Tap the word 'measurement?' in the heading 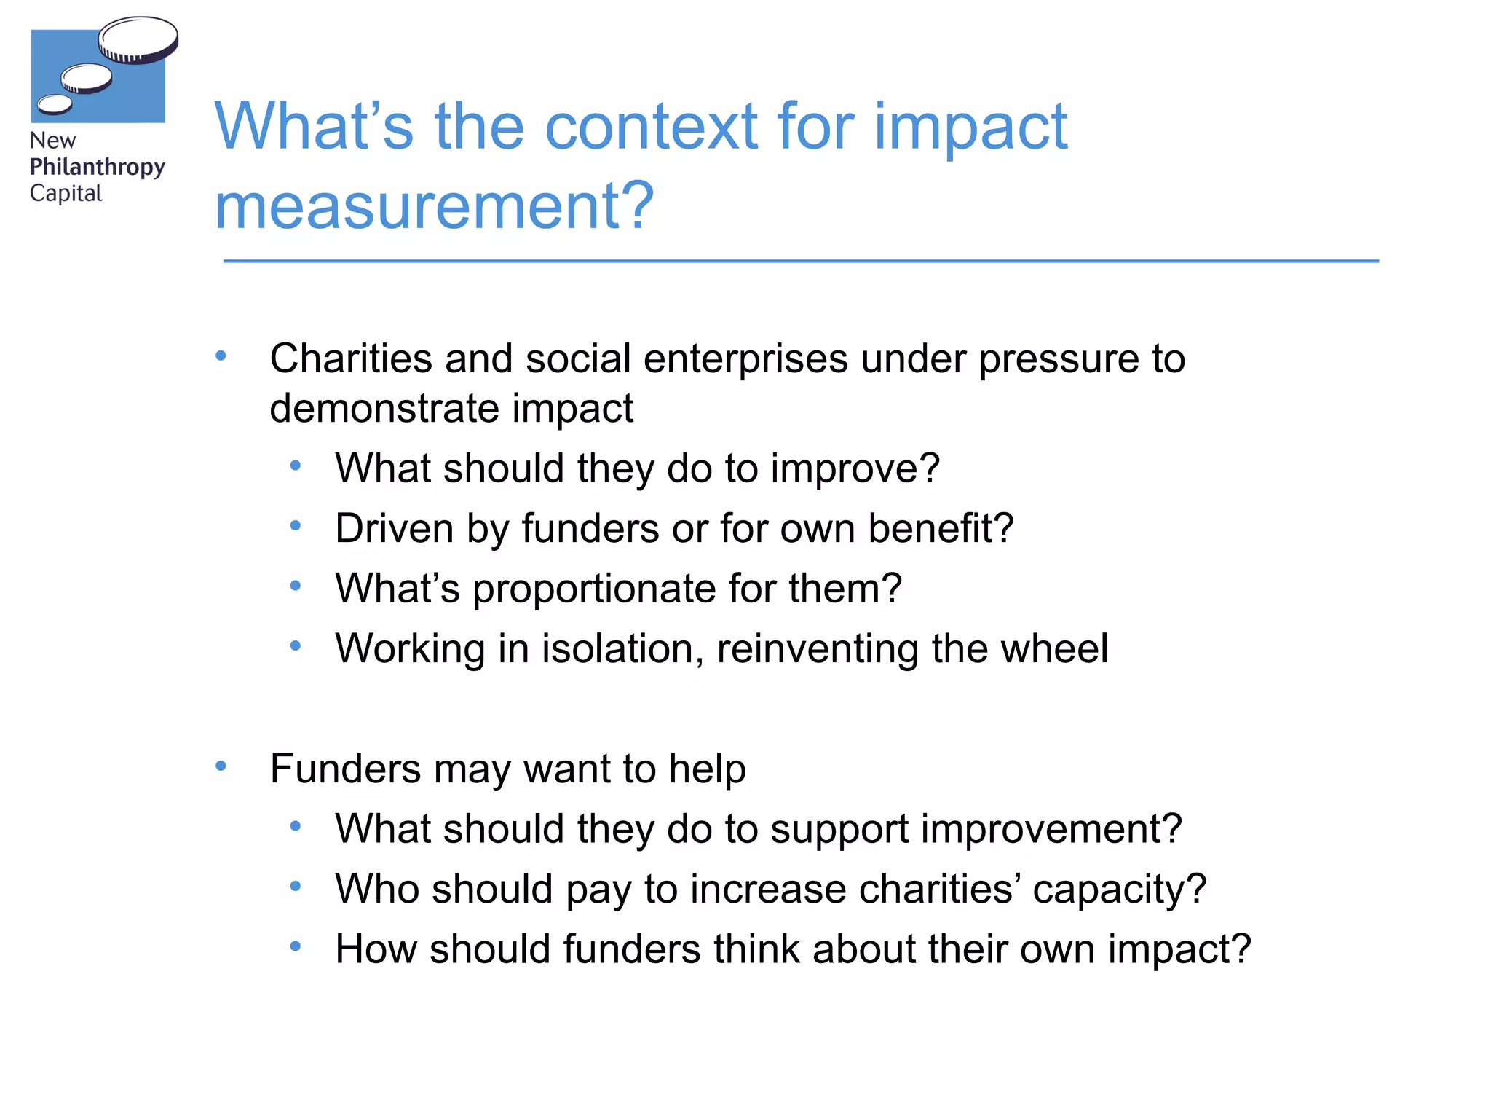coord(435,206)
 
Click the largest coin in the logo coord(138,39)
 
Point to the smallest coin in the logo coord(55,105)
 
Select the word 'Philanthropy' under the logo coord(98,168)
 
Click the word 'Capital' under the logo coord(66,194)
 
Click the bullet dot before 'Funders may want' coord(221,766)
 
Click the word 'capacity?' coord(1119,890)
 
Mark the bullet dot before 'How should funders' coord(295,946)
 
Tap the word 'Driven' coord(394,528)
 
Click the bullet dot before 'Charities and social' coord(221,356)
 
